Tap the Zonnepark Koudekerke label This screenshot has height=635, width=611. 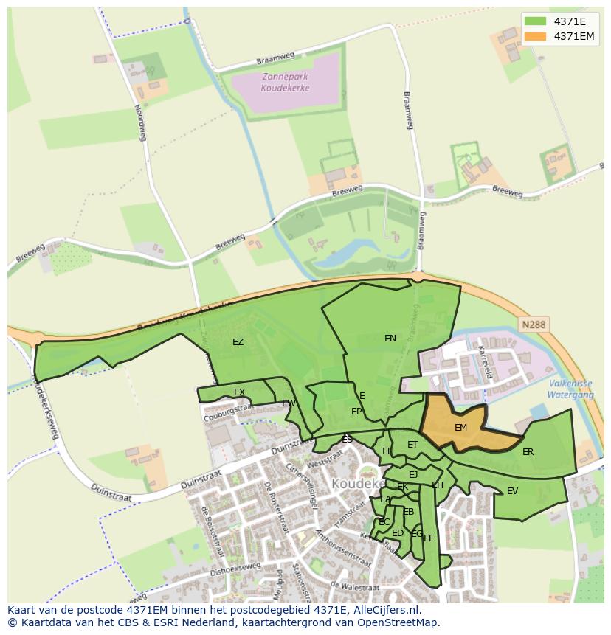[285, 83]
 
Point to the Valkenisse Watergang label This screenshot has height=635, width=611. [571, 389]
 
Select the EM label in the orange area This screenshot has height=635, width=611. [460, 428]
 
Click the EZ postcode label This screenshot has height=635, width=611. [238, 341]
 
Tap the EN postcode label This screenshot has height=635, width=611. [390, 339]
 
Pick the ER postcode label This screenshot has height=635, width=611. [528, 452]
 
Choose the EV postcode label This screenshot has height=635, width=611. [512, 491]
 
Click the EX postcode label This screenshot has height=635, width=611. [239, 392]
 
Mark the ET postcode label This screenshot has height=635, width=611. [412, 445]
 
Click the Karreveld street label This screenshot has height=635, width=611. [484, 361]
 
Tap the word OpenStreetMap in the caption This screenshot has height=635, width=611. [398, 622]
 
